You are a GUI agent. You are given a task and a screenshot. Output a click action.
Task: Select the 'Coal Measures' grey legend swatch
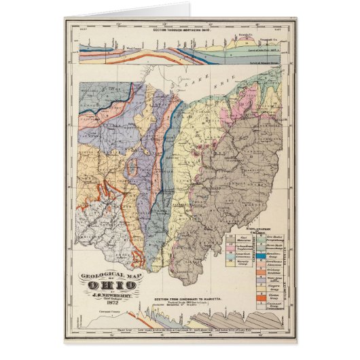(232, 241)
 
